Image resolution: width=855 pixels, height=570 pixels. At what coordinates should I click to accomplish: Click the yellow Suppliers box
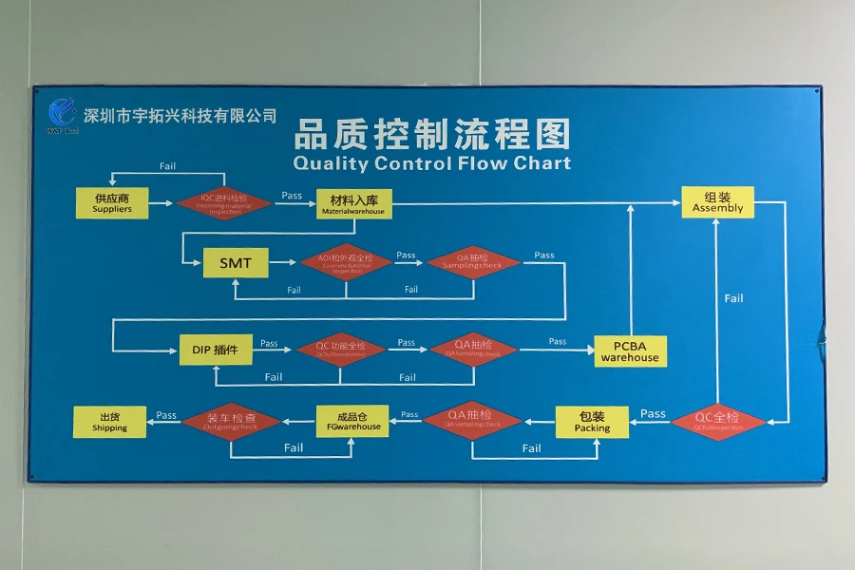tap(112, 203)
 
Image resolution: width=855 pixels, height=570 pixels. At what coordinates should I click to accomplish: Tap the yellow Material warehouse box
tap(353, 203)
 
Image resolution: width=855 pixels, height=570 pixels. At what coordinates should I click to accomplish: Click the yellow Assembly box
tap(717, 202)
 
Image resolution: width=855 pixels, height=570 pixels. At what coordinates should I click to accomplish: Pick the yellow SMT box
tap(235, 262)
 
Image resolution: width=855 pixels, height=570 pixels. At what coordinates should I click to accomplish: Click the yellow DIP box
tap(217, 350)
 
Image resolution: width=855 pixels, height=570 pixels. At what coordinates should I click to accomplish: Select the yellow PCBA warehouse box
tap(630, 351)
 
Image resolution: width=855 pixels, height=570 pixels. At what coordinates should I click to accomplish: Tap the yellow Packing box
tap(591, 422)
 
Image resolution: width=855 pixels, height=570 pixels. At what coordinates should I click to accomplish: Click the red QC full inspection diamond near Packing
tap(717, 422)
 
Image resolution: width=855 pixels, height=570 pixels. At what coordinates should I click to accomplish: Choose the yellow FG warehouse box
tap(352, 421)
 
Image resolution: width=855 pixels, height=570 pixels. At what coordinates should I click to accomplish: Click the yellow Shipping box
tap(109, 422)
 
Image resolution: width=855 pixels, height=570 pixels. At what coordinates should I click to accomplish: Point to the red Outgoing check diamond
tap(231, 422)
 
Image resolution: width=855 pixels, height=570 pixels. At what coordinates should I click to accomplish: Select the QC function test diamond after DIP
tap(340, 350)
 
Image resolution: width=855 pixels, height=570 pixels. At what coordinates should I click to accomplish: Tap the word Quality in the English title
tap(331, 162)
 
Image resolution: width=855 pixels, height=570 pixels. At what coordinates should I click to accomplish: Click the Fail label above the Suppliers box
tap(167, 166)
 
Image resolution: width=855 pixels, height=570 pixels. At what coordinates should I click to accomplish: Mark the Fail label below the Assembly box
tap(733, 298)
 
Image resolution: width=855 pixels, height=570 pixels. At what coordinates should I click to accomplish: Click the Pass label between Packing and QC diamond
tap(653, 413)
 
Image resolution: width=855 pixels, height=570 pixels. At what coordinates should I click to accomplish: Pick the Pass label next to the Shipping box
tap(166, 415)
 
